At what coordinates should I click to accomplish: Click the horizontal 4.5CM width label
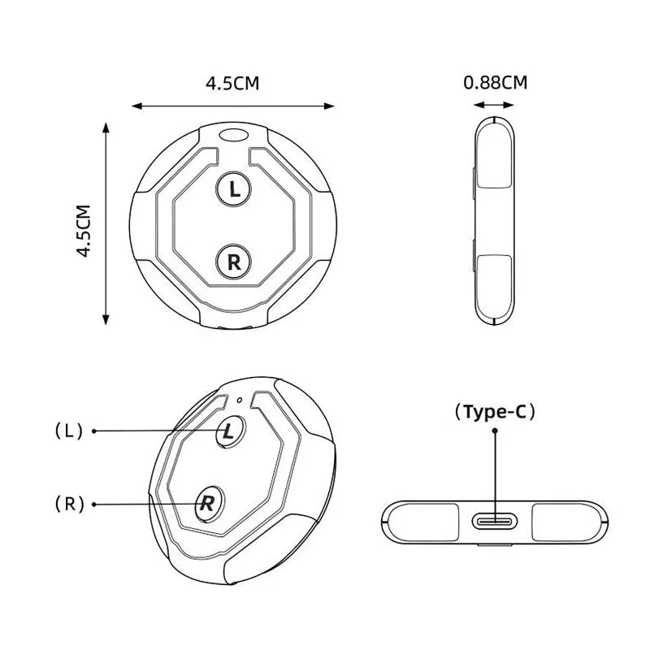click(x=232, y=84)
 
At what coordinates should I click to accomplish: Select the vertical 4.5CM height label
click(x=84, y=231)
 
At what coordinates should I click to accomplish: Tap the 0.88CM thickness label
click(x=495, y=83)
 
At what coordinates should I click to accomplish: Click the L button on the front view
click(x=234, y=189)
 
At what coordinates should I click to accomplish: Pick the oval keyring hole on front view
click(x=233, y=134)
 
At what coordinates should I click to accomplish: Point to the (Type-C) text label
click(x=495, y=412)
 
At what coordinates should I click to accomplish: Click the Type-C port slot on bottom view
click(x=495, y=521)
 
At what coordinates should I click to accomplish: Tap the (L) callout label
click(x=69, y=431)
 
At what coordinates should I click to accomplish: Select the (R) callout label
click(x=70, y=504)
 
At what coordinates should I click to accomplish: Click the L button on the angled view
click(x=230, y=432)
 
